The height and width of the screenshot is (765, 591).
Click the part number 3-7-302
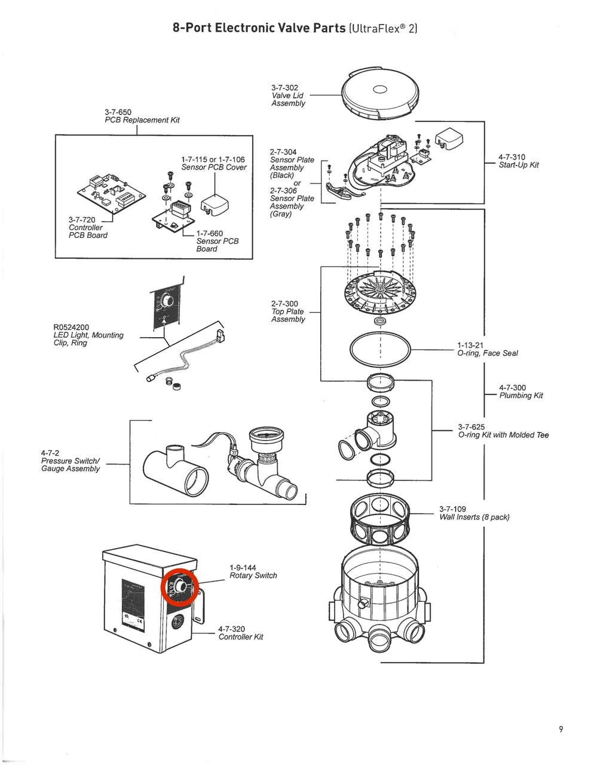pyautogui.click(x=284, y=88)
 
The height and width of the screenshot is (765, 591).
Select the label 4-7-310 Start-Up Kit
pyautogui.click(x=518, y=161)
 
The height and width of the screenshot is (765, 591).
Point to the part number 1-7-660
pyautogui.click(x=209, y=234)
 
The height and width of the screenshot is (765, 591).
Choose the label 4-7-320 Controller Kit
pyautogui.click(x=240, y=633)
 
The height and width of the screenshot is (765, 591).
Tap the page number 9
pyautogui.click(x=561, y=729)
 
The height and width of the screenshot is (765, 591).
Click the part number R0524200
pyautogui.click(x=71, y=328)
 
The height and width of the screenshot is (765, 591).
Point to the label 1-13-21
pyautogui.click(x=470, y=345)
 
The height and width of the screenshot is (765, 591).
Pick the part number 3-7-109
pyautogui.click(x=452, y=509)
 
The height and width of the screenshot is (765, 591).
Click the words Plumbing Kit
pyautogui.click(x=521, y=396)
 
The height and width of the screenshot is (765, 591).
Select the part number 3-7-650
pyautogui.click(x=118, y=112)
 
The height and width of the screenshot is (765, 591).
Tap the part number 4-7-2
pyautogui.click(x=50, y=453)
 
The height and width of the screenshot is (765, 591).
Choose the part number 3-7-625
pyautogui.click(x=471, y=427)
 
